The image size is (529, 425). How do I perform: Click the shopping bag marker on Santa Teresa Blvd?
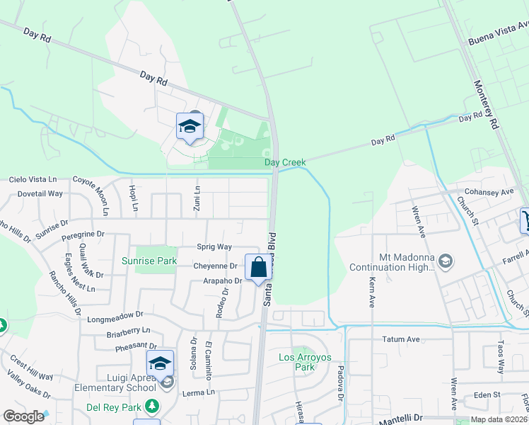coord(258,268)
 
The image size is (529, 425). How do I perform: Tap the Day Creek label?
coord(285,163)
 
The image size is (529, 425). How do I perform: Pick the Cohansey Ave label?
coord(489,192)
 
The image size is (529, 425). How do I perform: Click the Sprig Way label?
coord(214,246)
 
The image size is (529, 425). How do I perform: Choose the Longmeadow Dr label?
coord(115,316)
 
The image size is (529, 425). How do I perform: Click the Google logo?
coord(24,416)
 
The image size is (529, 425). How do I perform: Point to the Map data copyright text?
coord(498,419)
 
